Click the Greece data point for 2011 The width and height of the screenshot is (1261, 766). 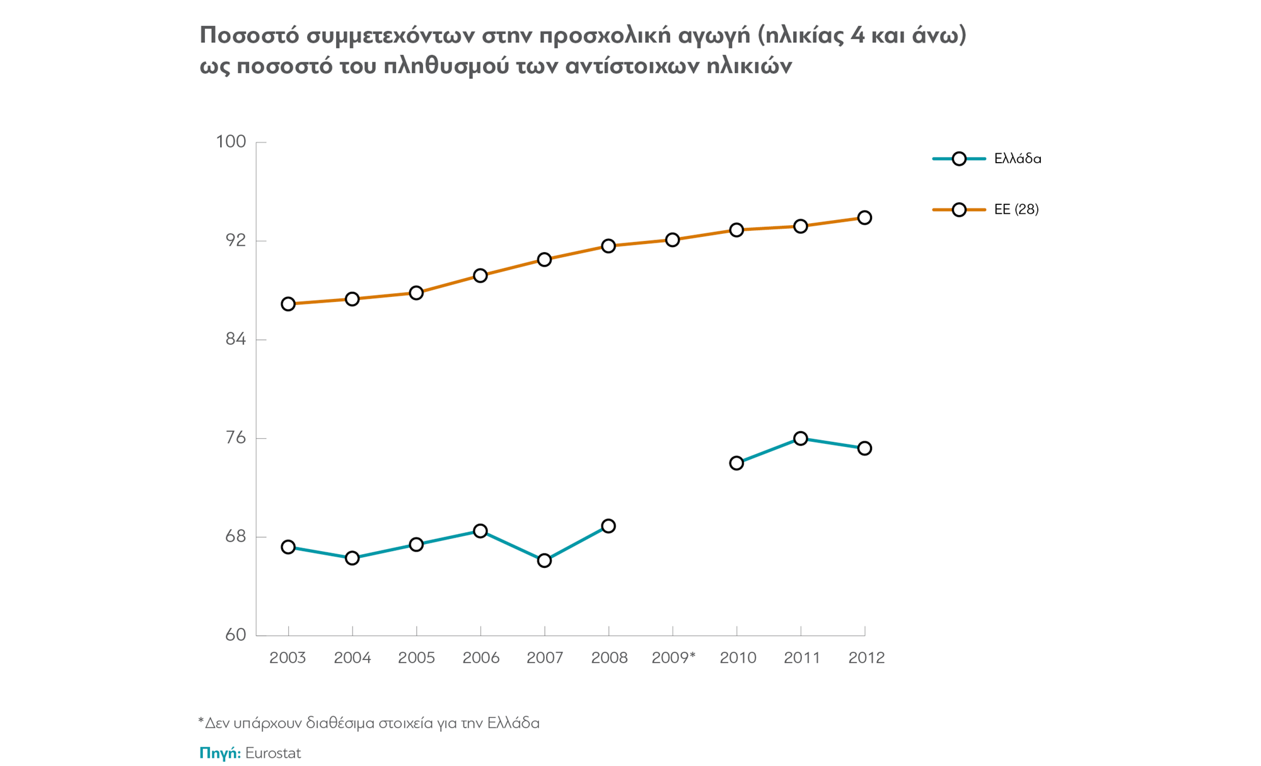point(801,438)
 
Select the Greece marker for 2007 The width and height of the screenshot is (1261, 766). point(544,560)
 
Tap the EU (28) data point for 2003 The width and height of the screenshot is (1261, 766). point(288,304)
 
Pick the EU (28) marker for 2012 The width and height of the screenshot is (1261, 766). point(864,218)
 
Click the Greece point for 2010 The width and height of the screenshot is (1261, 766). point(736,463)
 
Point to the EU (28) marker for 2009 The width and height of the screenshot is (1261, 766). point(672,240)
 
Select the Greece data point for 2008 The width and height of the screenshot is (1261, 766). point(608,526)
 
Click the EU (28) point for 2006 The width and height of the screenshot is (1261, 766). point(480,276)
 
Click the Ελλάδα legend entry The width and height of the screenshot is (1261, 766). point(1017,159)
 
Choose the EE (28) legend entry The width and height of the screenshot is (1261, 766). point(1016,209)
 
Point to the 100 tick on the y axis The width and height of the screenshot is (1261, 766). point(231,142)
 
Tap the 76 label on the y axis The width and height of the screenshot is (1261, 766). point(235,438)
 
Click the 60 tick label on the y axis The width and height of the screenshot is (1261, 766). point(235,635)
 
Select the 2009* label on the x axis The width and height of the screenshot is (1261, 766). point(673,658)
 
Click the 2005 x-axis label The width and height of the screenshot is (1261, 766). point(416,658)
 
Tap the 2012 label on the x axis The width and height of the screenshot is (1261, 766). point(866,658)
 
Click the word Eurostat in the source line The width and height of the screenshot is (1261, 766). point(273,753)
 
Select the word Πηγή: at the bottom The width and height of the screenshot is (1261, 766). point(220,753)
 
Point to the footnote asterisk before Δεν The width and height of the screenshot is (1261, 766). point(201,720)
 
